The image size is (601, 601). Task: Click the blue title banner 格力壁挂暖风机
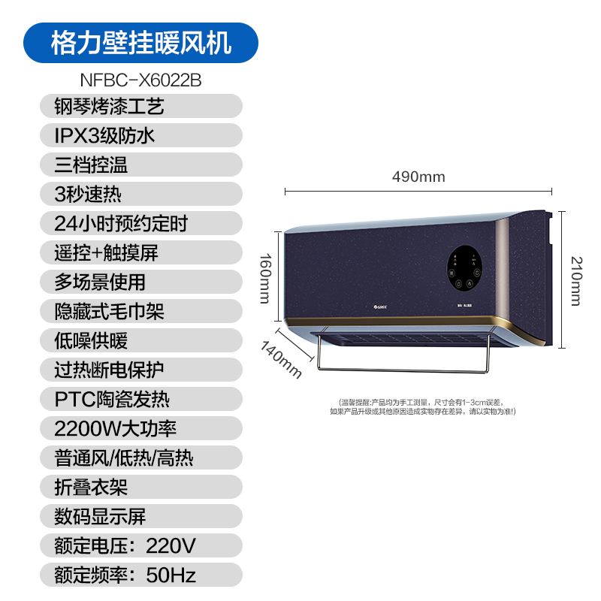(x=140, y=42)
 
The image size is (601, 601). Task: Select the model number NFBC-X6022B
(x=140, y=79)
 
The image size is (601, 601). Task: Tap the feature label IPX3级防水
(x=104, y=135)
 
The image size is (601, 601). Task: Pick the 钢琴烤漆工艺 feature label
(x=110, y=106)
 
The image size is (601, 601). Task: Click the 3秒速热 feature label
(x=88, y=194)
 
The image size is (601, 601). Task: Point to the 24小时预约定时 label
(x=121, y=223)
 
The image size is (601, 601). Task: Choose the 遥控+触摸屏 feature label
(x=106, y=252)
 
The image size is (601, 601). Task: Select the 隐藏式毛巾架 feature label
(x=110, y=311)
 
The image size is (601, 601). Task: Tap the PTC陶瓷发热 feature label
(x=113, y=399)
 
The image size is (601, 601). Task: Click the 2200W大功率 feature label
(x=116, y=428)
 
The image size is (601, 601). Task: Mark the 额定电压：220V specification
(x=125, y=545)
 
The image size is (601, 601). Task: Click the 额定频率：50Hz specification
(x=125, y=575)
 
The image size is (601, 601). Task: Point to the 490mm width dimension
(x=418, y=177)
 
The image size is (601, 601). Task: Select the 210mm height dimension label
(x=576, y=280)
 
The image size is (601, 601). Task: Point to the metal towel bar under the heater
(x=406, y=369)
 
